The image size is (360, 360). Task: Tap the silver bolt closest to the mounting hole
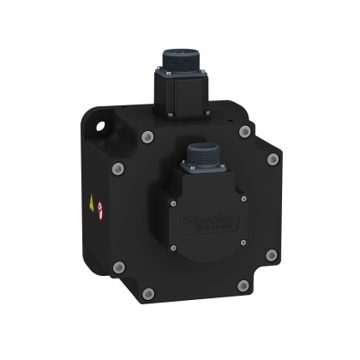pos(146,135)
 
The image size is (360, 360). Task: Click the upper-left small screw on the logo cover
pos(171,202)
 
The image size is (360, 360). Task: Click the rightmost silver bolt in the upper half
pos(273,159)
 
